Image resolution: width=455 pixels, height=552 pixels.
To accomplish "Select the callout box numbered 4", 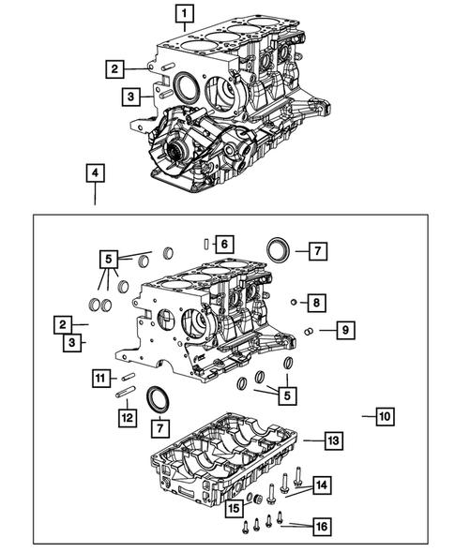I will click(x=95, y=172).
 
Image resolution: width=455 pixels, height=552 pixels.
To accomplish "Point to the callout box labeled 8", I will click(x=318, y=302).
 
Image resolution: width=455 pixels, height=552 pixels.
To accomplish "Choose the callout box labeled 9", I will click(x=345, y=330).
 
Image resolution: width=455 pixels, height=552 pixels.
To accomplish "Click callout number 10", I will click(x=384, y=413).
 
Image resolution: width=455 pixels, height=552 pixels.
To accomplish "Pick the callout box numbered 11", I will click(x=100, y=378).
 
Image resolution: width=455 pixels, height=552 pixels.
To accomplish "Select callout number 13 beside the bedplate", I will click(x=332, y=439).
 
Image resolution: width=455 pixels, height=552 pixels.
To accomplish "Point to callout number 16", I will click(x=321, y=527).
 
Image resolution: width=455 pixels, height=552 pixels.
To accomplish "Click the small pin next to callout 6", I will click(x=205, y=244).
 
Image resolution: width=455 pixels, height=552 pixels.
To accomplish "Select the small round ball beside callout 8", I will click(x=294, y=302).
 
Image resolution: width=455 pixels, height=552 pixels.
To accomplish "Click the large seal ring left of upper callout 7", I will click(x=279, y=250).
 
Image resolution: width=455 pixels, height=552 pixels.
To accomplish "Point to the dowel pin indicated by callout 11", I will click(x=129, y=378).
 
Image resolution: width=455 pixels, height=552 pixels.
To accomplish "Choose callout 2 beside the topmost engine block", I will click(x=114, y=67).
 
